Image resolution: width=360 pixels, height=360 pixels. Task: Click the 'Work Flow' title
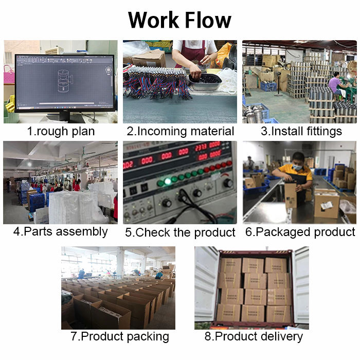(x=179, y=20)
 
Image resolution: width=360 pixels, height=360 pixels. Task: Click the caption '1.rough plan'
(x=61, y=131)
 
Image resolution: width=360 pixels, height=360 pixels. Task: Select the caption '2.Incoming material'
(x=180, y=131)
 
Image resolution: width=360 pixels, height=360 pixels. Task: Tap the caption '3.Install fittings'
(x=301, y=131)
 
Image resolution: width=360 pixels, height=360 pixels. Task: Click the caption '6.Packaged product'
(x=300, y=231)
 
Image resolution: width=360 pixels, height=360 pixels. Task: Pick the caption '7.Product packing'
(x=119, y=336)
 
